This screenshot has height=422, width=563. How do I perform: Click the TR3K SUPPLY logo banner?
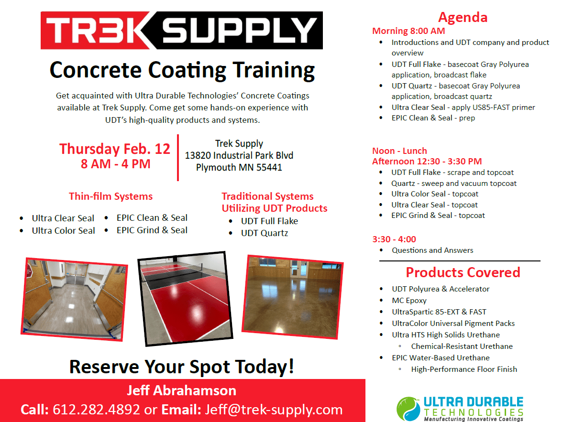181,31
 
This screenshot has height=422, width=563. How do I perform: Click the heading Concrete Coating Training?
182,70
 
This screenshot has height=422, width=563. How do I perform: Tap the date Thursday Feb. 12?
115,149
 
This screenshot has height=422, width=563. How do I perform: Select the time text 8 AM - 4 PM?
115,164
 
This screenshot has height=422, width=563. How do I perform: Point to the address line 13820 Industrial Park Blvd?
239,155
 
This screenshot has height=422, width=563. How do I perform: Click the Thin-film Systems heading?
110,196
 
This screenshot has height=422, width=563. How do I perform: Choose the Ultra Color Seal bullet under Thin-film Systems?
63,230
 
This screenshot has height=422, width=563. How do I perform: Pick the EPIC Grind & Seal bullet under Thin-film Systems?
152,230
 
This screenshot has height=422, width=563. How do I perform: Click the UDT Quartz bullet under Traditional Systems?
264,233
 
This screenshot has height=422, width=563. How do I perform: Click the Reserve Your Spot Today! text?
182,367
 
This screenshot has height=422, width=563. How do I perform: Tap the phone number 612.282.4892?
96,410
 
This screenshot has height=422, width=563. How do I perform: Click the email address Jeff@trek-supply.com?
274,410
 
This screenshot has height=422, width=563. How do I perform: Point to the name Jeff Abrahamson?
181,390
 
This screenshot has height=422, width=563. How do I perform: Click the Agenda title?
463,18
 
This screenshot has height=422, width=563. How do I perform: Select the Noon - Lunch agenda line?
399,151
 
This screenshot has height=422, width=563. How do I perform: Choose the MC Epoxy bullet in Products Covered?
409,300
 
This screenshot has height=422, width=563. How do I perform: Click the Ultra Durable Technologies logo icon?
408,409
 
